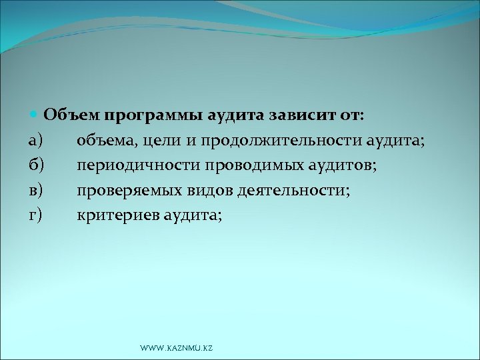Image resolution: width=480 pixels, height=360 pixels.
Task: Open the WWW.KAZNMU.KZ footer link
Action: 176,349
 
